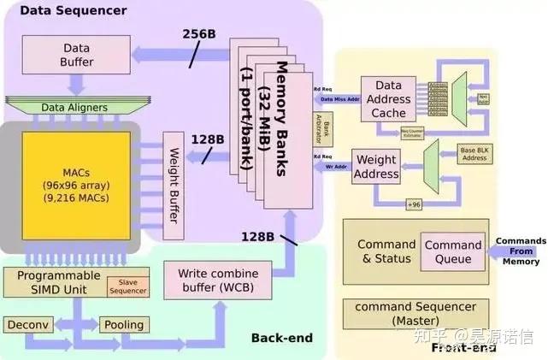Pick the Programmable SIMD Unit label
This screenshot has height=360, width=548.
(x=53, y=282)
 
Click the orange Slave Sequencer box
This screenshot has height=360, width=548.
(x=127, y=287)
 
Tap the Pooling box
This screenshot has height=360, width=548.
(x=123, y=326)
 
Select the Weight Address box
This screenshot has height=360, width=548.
(x=376, y=167)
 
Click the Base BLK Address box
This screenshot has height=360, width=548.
(x=474, y=153)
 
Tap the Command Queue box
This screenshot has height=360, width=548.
(x=453, y=251)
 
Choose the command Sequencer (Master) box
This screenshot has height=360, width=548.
(x=415, y=313)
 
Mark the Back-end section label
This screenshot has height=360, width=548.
(x=281, y=339)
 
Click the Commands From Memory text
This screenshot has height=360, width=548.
(x=521, y=251)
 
